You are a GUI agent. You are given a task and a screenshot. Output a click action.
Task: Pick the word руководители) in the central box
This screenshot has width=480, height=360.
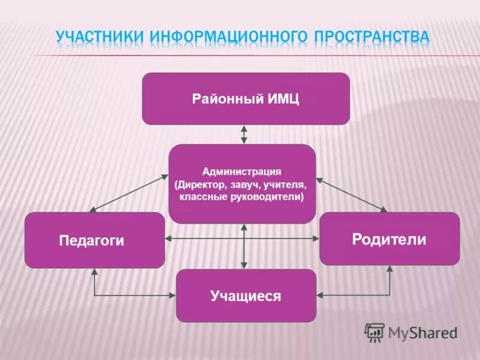[x=271, y=196]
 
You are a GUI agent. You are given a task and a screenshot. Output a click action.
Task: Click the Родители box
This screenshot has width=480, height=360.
[x=389, y=239]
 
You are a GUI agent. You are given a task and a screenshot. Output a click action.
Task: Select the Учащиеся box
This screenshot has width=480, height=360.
[x=245, y=295]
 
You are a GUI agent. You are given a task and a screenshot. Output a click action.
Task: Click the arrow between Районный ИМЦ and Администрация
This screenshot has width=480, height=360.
[x=244, y=134]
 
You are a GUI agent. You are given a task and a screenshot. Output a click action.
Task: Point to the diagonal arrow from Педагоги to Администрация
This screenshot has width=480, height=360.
[x=128, y=193]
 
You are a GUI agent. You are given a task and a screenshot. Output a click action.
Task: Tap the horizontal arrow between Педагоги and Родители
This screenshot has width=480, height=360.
[x=204, y=238]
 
